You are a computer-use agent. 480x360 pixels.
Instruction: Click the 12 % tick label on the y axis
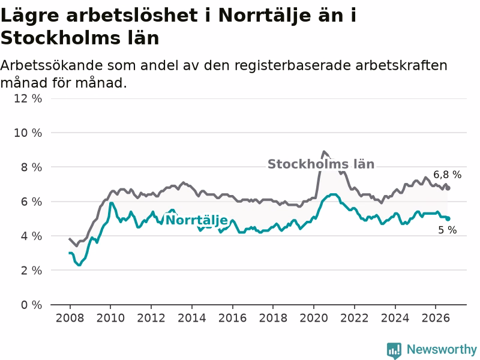tap(28, 98)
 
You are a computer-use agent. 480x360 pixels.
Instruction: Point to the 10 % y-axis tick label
tap(28, 133)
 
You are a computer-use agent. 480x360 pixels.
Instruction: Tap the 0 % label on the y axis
tap(31, 305)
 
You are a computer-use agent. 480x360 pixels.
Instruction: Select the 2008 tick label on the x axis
tap(70, 318)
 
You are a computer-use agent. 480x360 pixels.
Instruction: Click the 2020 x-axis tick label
tap(313, 318)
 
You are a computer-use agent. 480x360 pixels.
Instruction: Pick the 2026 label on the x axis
tap(436, 318)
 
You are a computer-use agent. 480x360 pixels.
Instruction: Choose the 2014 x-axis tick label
tap(191, 318)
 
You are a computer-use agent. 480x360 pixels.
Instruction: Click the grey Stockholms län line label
tap(321, 164)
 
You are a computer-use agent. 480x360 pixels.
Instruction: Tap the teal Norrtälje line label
tap(197, 220)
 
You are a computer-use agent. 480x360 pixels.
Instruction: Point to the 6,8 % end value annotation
tap(447, 175)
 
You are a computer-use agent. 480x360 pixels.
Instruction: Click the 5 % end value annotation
tap(447, 230)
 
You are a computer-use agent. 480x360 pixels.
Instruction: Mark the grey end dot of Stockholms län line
tap(448, 188)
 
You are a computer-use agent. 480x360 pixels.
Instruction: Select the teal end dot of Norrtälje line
tap(448, 218)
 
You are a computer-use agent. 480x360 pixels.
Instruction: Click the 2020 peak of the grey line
tap(323, 152)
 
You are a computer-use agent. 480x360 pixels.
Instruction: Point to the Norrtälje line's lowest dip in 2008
tap(79, 265)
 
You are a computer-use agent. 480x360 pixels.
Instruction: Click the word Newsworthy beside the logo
tap(442, 349)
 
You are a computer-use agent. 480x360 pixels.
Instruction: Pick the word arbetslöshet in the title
tap(132, 16)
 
